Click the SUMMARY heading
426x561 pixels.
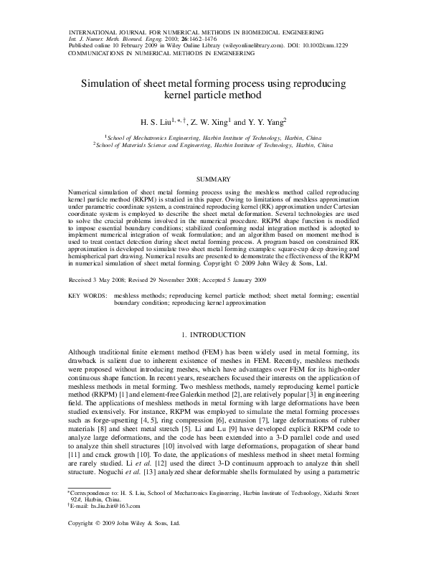tap(212, 178)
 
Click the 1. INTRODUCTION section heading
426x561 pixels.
tap(213, 335)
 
